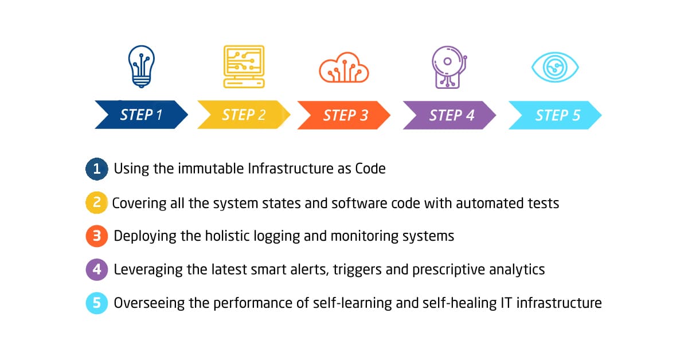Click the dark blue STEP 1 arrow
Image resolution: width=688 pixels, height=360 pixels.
click(x=141, y=115)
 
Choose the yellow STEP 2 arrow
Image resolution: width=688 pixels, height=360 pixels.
click(x=244, y=115)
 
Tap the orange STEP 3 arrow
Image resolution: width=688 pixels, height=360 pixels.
click(x=344, y=115)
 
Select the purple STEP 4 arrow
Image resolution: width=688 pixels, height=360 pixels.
click(x=449, y=115)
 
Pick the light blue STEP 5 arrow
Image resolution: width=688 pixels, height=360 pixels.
click(x=556, y=115)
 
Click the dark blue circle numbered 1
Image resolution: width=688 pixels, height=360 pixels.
click(x=97, y=169)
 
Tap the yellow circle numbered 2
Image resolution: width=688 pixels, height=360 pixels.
click(x=97, y=203)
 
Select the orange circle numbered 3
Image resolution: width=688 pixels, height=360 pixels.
click(x=97, y=236)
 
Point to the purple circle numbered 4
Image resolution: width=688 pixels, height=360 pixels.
click(x=97, y=269)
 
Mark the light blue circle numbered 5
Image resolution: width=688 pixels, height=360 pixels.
click(x=97, y=303)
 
